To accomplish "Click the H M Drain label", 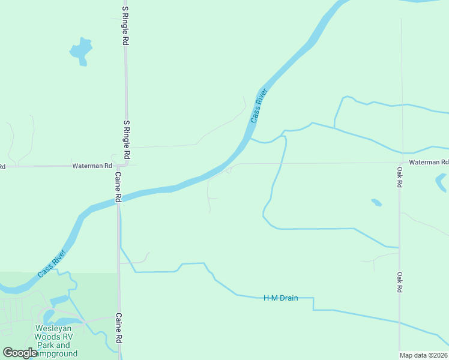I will [x=281, y=298].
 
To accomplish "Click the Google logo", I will [x=20, y=353].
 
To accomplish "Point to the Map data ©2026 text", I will [x=424, y=355].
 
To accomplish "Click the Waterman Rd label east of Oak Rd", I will [x=429, y=163].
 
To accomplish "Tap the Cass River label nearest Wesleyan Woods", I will [x=53, y=263].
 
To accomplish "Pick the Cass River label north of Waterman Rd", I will [x=258, y=106].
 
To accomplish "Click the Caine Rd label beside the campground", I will [x=119, y=328].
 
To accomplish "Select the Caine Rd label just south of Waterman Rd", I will [x=118, y=187].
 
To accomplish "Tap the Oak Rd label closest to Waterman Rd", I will [x=399, y=177].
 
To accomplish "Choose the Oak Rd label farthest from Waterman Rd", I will [x=399, y=282].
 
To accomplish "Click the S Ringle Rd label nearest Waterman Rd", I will [x=127, y=140].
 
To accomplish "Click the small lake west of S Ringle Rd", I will [x=81, y=50].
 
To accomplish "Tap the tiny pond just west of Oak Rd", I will [x=376, y=202].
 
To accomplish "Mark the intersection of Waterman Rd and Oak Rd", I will [x=400, y=163].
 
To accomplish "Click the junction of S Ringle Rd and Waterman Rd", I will [x=127, y=164].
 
